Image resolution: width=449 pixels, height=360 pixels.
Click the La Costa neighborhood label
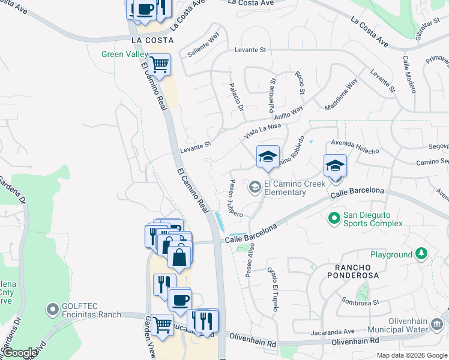pos(152,40)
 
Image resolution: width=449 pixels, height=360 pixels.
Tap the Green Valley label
pos(125,55)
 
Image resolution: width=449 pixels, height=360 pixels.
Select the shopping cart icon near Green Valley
pos(160,64)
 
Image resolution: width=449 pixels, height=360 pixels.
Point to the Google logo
pos(20,353)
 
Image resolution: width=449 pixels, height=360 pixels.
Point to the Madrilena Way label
pos(340,95)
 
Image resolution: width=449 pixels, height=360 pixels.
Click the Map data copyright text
pos(411,355)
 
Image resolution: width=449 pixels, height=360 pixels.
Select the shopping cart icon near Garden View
pos(162,325)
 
